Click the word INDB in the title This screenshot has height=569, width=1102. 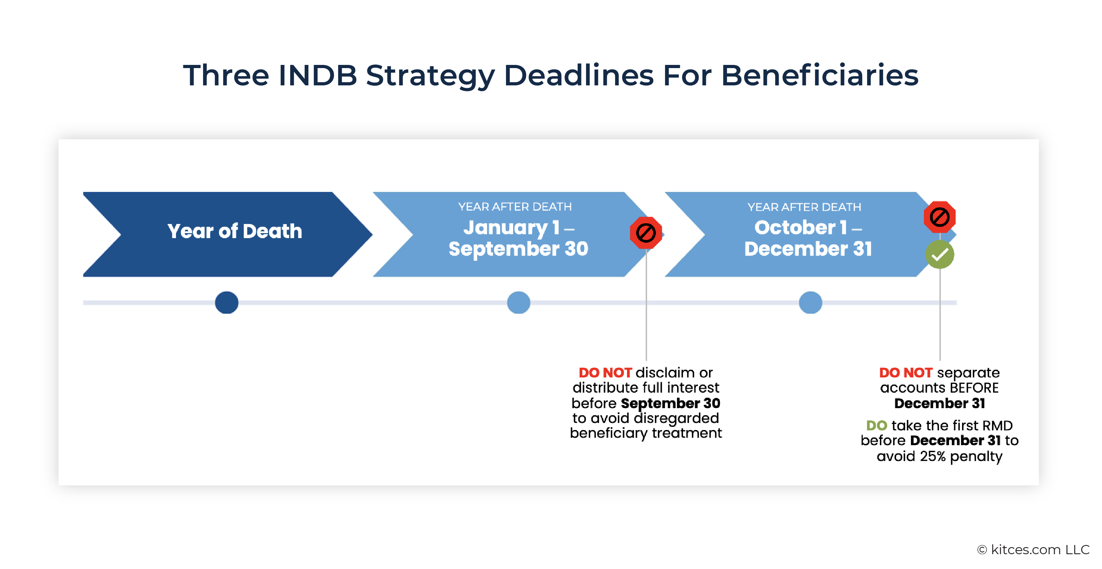coord(317,75)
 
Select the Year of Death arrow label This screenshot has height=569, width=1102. coord(235,231)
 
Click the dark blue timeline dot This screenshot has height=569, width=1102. coord(227,302)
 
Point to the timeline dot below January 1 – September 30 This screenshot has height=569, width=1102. coord(518,302)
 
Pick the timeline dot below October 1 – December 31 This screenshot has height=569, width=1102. coord(810,302)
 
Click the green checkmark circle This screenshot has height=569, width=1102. coord(939,255)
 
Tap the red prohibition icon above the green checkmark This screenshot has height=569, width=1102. coord(939,217)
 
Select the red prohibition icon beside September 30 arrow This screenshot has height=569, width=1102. coord(646,233)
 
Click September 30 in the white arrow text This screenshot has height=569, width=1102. coord(518,249)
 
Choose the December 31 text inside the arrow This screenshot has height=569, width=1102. coord(808,249)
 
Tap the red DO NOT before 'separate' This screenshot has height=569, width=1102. coord(906,373)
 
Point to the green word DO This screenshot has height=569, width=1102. coord(877,425)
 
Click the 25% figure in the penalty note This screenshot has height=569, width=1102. coord(933,456)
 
